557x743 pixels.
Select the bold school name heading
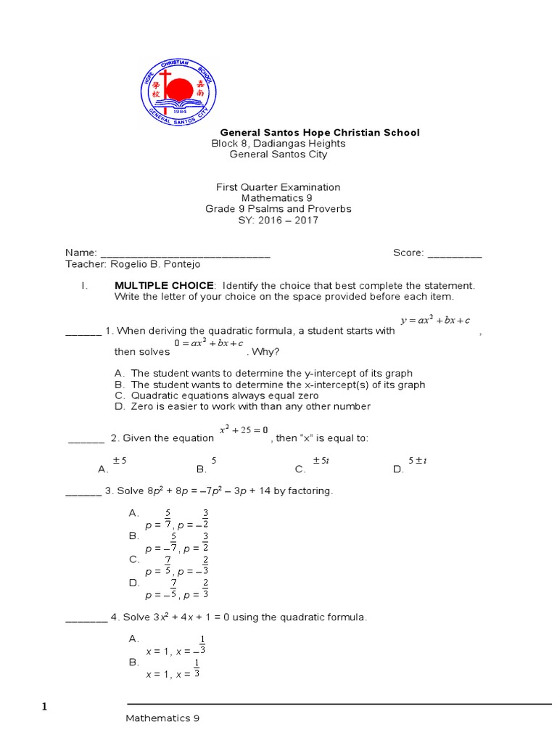319,133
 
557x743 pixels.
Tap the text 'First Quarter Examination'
278,187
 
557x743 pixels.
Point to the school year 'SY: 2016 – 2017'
278,220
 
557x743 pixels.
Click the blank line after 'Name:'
185,254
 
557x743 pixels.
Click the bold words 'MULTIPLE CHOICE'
164,285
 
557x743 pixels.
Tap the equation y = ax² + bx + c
435,321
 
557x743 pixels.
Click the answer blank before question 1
83,332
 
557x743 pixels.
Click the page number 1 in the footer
44,707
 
